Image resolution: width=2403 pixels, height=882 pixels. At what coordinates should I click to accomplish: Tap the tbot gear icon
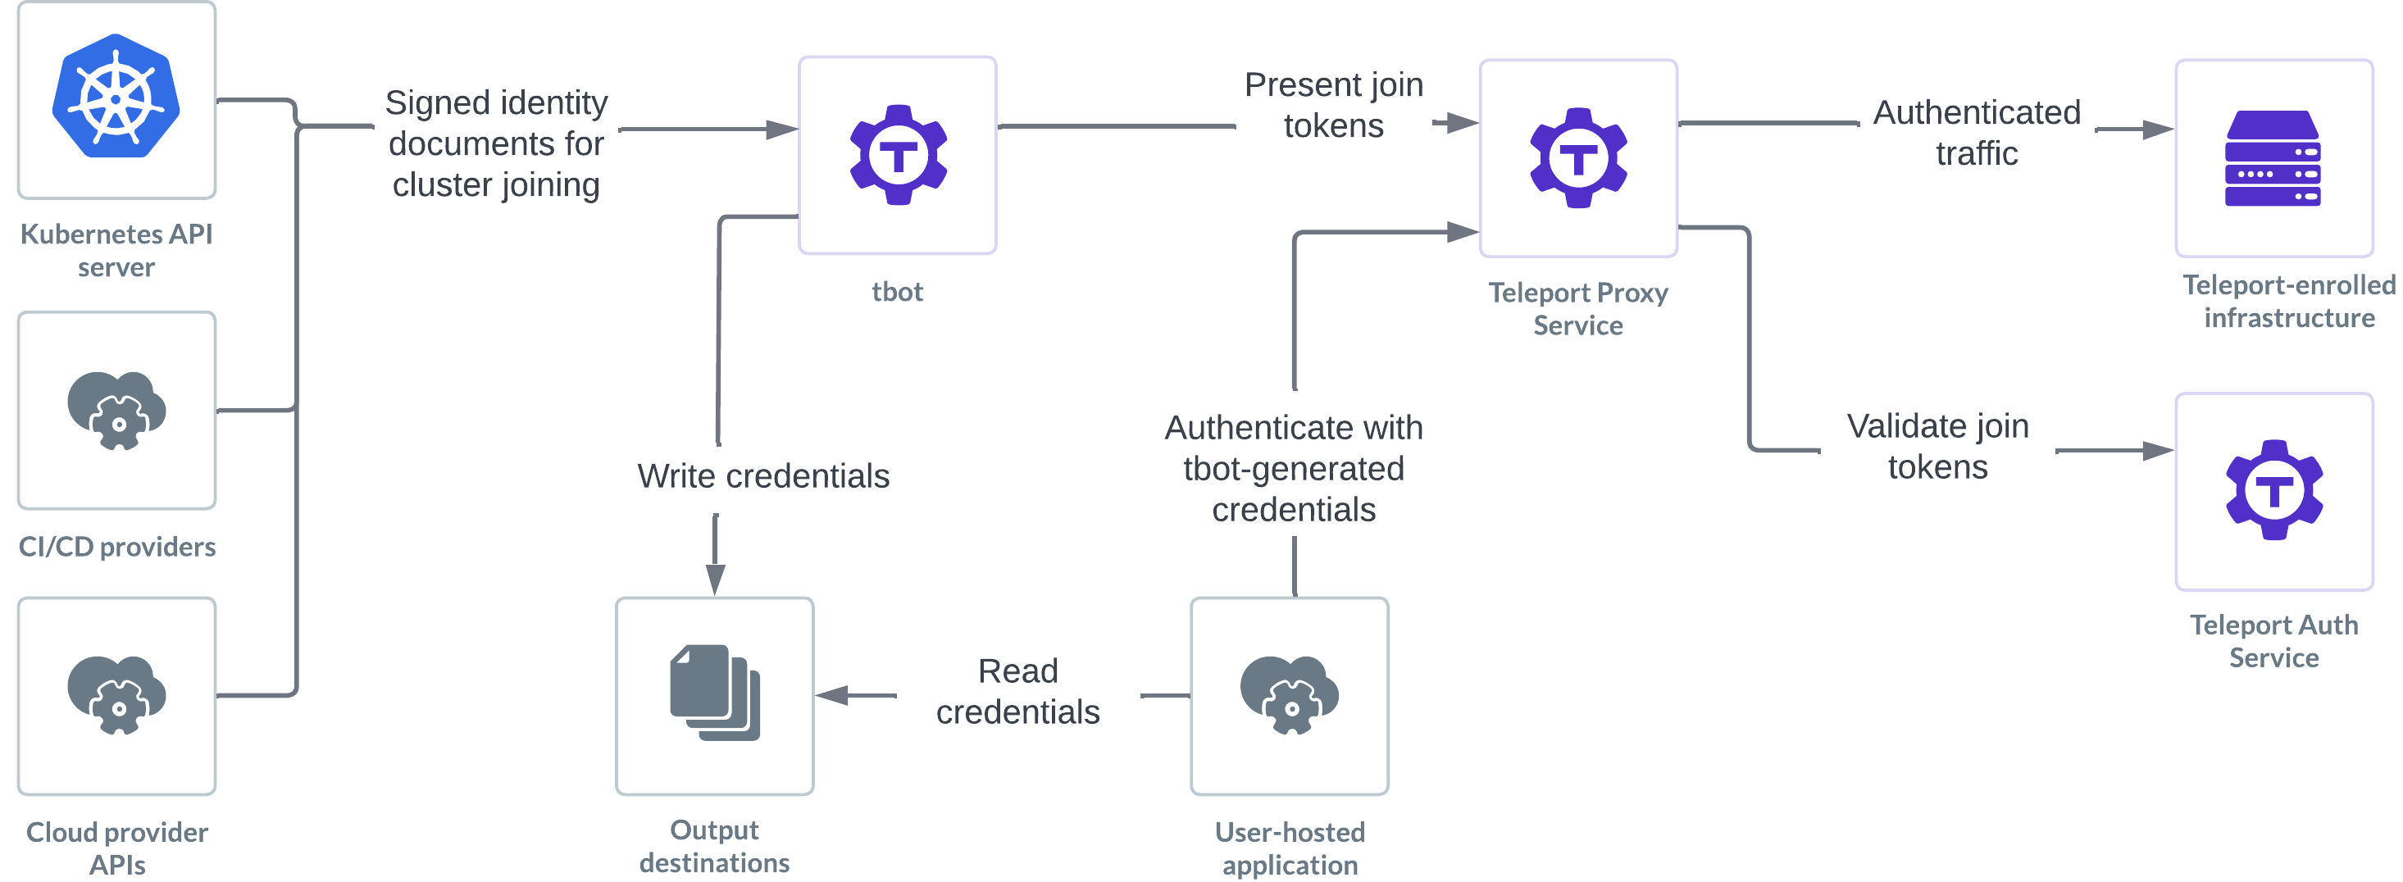(899, 155)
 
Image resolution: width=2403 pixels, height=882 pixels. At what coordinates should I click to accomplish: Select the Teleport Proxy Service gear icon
(1578, 157)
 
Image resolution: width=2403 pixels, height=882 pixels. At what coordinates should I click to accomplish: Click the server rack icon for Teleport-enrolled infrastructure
(2273, 158)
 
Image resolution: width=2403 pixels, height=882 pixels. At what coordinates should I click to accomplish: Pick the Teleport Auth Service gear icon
(2274, 490)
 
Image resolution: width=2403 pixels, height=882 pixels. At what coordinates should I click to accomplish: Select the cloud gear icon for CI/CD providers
(116, 410)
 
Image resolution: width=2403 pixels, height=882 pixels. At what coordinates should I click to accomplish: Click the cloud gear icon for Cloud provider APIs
(116, 696)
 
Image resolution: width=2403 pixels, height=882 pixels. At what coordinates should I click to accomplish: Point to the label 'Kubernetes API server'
(116, 250)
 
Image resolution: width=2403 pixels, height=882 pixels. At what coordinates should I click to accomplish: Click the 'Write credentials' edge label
(763, 476)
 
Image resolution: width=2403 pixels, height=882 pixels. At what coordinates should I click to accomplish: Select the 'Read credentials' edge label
(1017, 692)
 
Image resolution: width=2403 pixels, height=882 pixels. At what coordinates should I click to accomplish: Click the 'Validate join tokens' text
(1937, 447)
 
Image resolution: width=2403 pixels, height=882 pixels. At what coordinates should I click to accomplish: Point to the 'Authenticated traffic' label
(1977, 133)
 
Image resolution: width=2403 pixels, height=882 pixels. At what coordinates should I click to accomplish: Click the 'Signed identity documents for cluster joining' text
(496, 143)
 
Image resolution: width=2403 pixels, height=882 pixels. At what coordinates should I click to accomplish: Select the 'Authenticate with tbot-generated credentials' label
(1294, 468)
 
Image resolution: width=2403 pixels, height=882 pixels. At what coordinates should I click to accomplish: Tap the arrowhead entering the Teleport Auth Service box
(2159, 452)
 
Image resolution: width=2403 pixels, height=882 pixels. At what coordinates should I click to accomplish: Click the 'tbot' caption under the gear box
(898, 292)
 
